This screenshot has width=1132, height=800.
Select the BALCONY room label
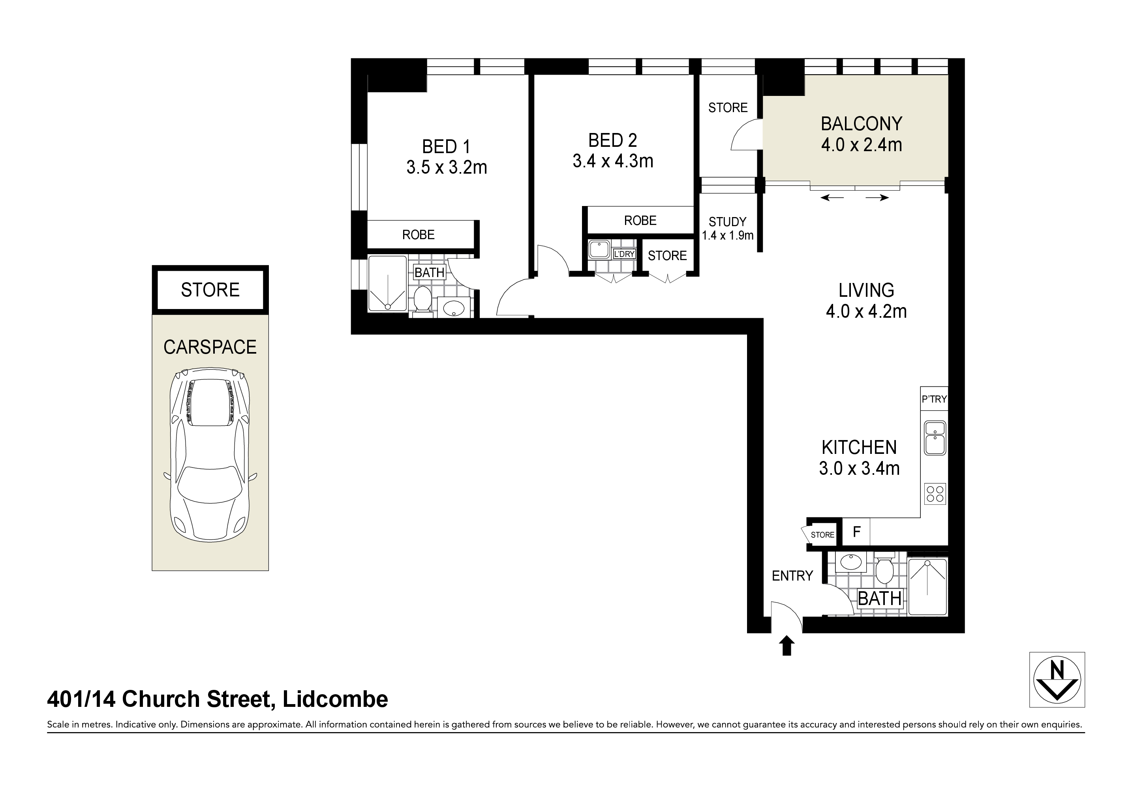861,124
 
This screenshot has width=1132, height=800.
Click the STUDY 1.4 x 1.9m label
727,229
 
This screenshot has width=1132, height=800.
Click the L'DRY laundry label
624,254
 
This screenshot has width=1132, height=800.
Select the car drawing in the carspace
210,454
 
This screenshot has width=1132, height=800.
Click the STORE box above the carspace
210,289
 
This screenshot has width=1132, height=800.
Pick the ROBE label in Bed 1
418,234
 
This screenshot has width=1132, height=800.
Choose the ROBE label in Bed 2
640,220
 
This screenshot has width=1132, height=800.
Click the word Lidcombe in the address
335,699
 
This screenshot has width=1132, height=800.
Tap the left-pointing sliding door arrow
832,198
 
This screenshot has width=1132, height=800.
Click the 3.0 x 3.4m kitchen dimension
859,468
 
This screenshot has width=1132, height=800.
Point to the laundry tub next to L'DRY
599,249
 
